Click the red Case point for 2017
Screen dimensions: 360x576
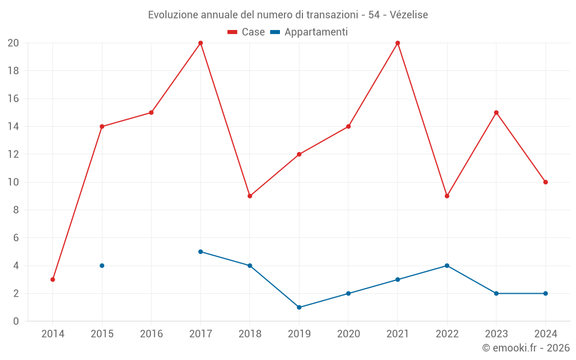(x=200, y=43)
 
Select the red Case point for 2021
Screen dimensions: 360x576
(x=397, y=43)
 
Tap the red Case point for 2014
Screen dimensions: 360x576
(x=53, y=279)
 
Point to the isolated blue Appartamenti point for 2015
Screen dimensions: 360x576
(x=102, y=266)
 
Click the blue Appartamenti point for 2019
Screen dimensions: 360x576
(x=299, y=307)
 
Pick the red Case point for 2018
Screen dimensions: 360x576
(x=250, y=196)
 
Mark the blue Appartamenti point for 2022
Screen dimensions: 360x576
(x=447, y=266)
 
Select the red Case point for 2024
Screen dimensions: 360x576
(x=545, y=182)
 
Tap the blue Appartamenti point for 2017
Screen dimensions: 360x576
(x=200, y=252)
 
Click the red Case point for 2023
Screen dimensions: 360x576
(x=496, y=112)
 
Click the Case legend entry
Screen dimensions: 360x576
(x=247, y=32)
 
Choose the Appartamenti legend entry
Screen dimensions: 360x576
(x=309, y=32)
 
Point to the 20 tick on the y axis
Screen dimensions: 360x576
(x=13, y=43)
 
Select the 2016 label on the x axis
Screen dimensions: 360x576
(x=151, y=334)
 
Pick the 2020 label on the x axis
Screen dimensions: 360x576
(x=348, y=334)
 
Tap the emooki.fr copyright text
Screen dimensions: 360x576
(x=526, y=348)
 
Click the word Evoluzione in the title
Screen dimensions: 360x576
(x=173, y=15)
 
